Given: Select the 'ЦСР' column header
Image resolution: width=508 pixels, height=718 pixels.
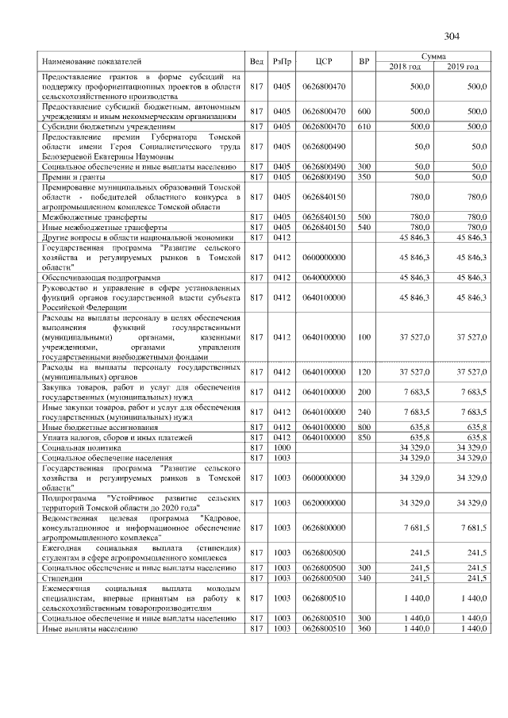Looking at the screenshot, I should point(322,61).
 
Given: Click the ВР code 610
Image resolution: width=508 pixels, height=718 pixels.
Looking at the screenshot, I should point(364,126).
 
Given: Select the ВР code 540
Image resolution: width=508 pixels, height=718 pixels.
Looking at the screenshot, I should point(364,227).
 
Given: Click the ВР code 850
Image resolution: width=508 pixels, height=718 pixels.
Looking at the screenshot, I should point(364,436).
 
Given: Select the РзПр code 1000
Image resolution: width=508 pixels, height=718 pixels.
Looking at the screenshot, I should point(282,447).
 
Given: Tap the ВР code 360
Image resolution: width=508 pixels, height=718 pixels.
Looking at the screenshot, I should point(364,628).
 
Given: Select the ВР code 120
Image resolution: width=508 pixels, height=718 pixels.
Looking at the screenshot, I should point(364,371).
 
